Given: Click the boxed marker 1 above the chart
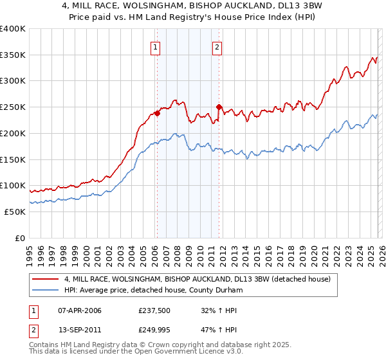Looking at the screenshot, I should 156,46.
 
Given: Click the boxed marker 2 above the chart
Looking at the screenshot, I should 217,46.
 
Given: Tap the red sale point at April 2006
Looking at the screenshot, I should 156,114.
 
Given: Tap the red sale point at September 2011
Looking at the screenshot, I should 219,107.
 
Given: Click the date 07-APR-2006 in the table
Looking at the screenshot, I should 79,310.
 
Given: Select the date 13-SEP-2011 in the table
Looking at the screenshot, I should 79,330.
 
